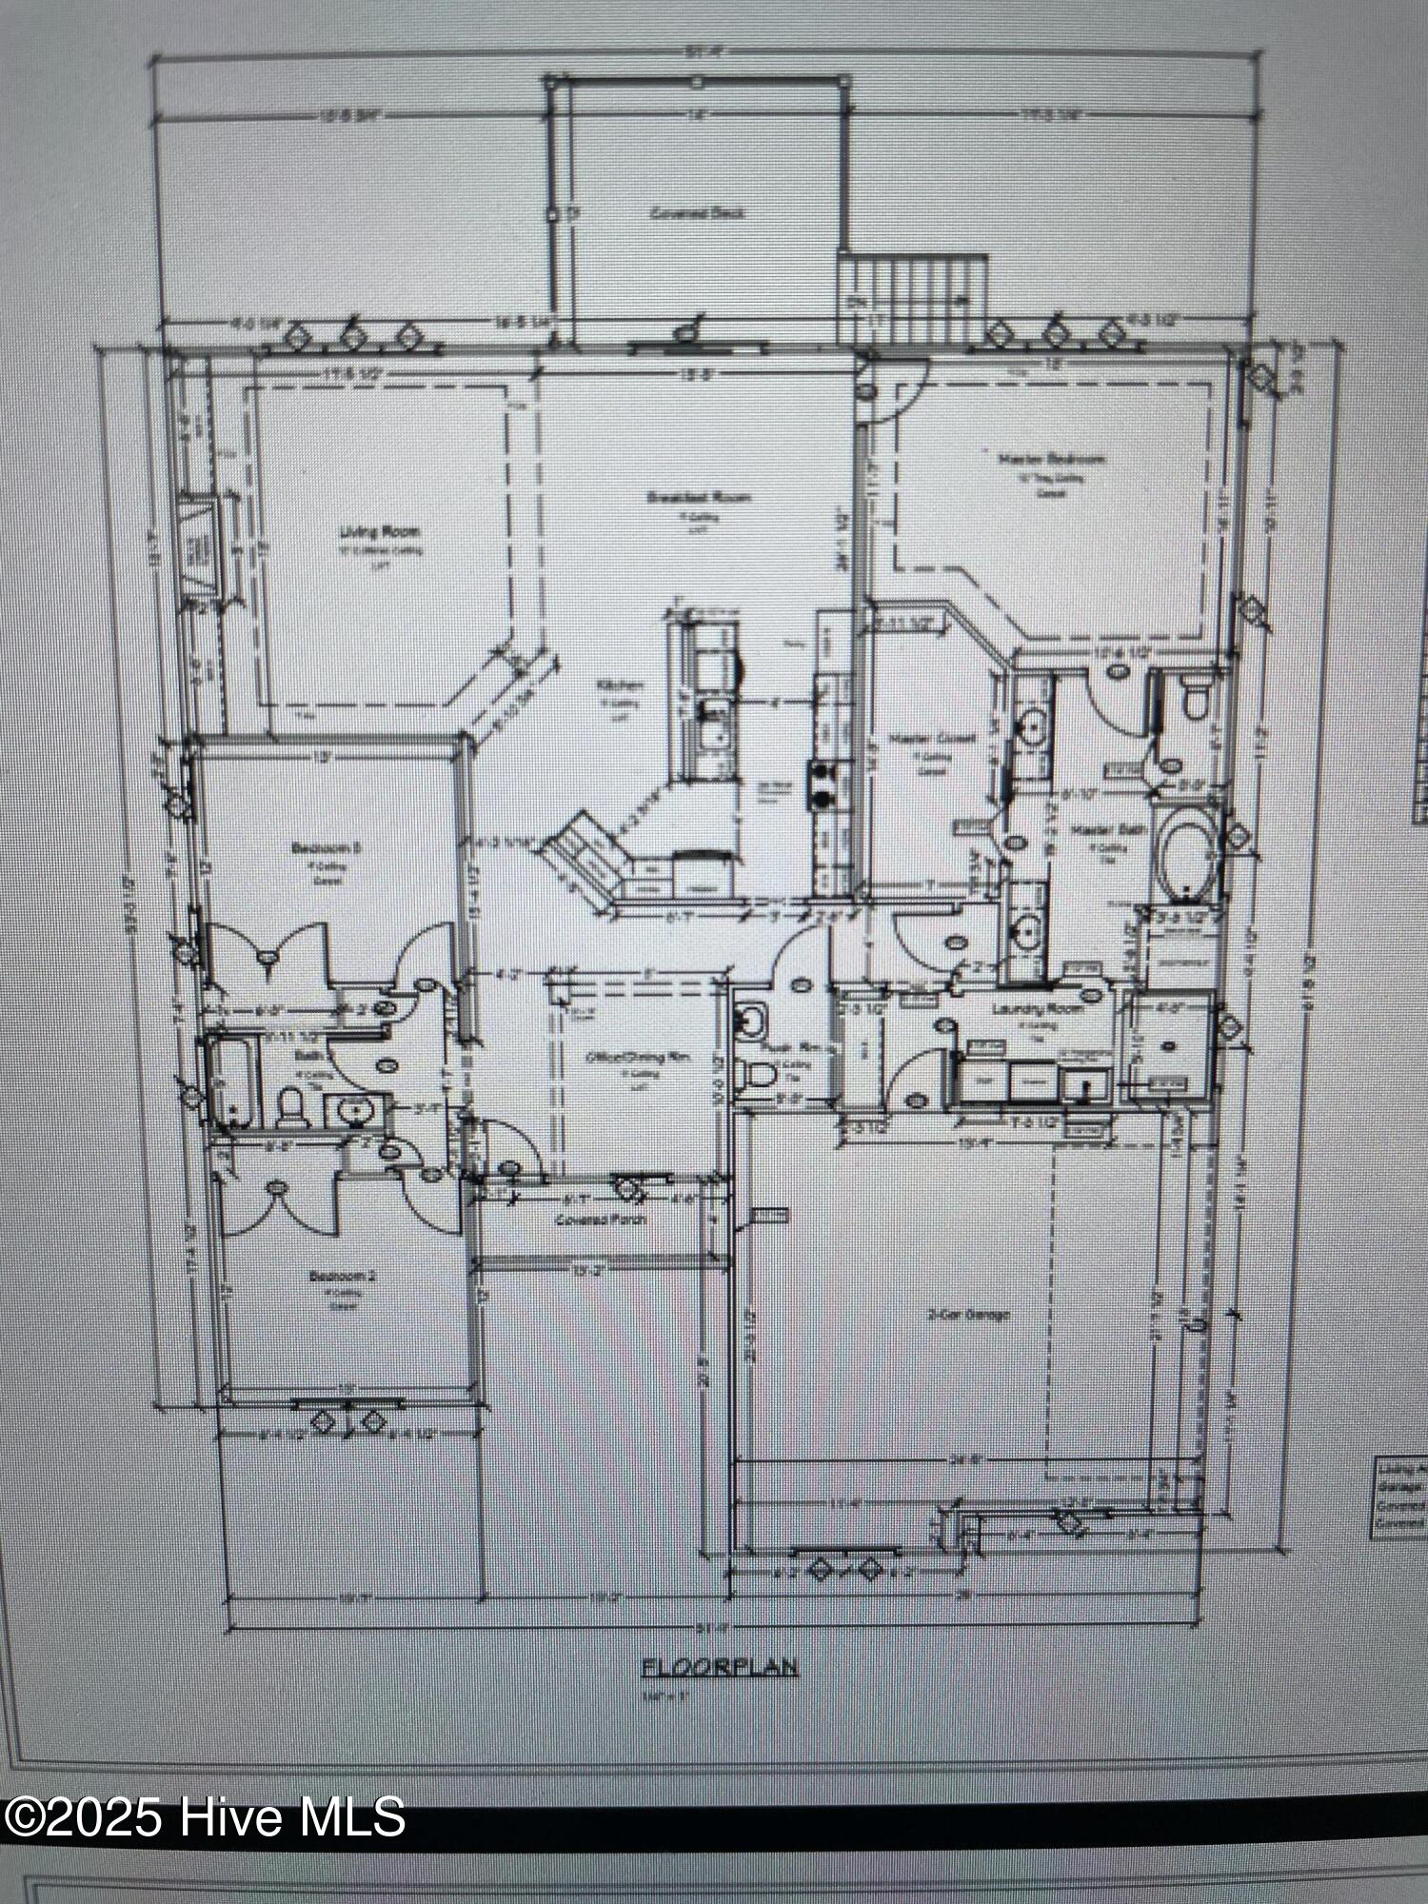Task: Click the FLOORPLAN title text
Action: pos(720,1667)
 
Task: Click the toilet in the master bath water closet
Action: pos(1194,697)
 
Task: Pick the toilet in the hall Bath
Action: pos(290,1106)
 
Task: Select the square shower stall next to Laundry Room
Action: pos(1168,1044)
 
